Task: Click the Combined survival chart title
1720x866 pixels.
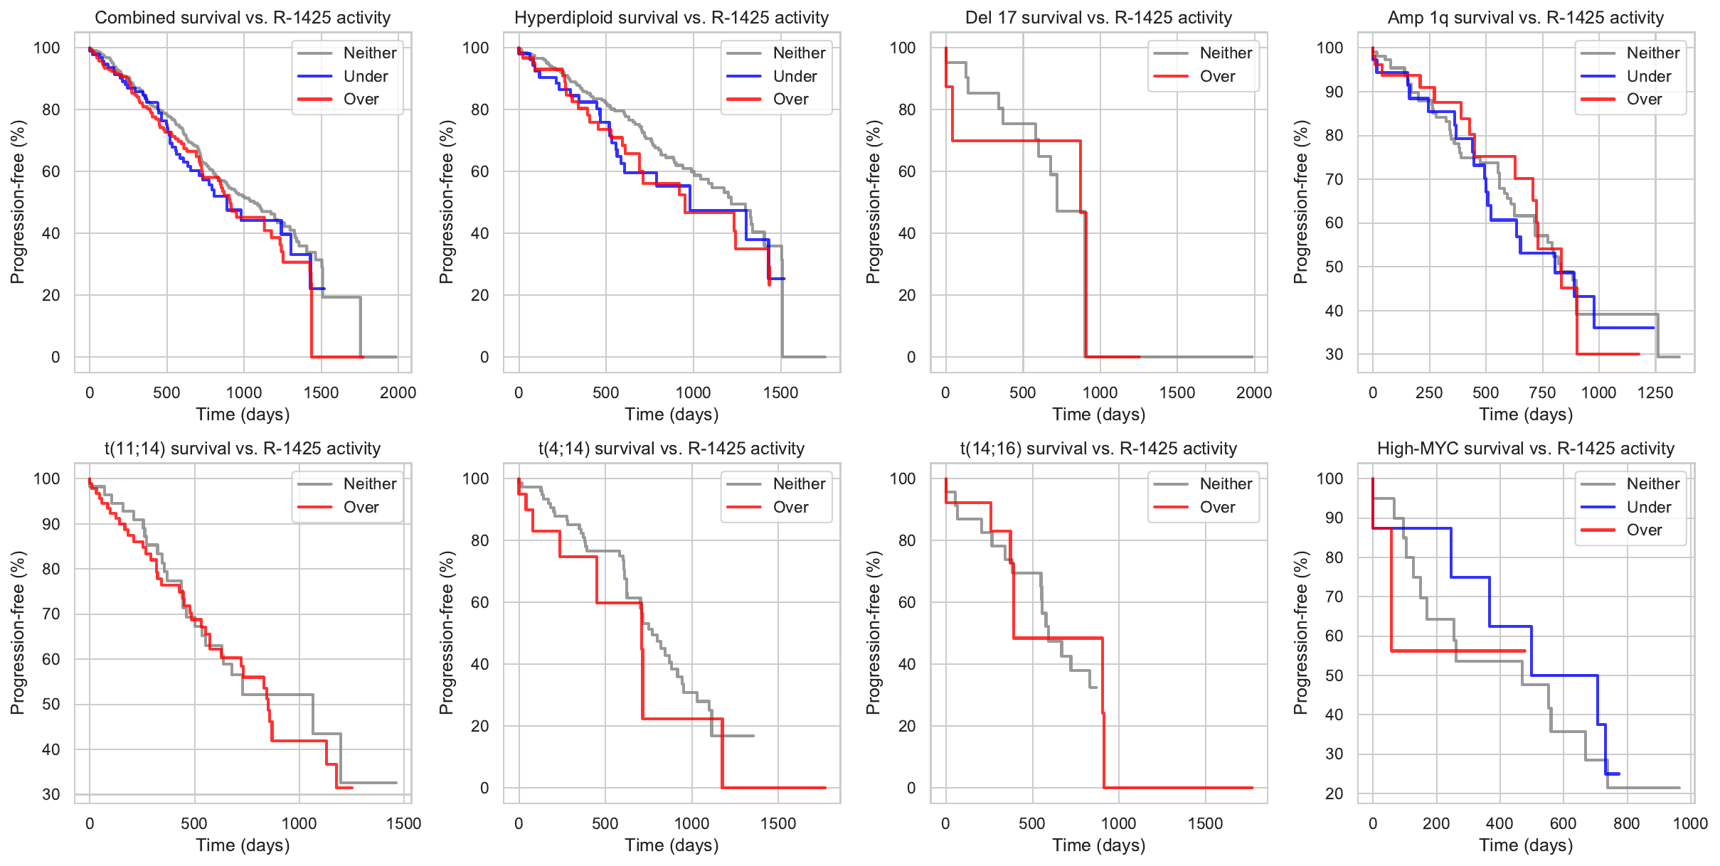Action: pos(243,18)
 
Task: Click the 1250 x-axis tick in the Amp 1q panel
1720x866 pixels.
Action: pos(1655,392)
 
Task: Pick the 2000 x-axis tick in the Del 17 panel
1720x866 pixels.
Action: pos(1253,392)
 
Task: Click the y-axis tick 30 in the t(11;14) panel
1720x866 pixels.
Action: pos(51,794)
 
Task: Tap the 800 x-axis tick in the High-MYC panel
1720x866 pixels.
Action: pos(1627,823)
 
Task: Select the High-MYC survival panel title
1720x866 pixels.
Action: pos(1526,449)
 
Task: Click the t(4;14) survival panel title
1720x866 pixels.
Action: pos(671,449)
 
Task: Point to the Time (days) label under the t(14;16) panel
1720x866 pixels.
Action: pos(1099,845)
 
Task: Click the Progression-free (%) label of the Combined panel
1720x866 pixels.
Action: pos(17,202)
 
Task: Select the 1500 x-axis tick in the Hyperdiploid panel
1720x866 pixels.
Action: pos(781,392)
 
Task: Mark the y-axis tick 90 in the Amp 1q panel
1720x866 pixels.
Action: pos(1334,92)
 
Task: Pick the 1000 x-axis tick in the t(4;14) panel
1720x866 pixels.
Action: pos(691,823)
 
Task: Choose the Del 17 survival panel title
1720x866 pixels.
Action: pos(1098,18)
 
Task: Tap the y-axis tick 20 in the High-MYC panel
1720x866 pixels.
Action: pos(1334,793)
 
